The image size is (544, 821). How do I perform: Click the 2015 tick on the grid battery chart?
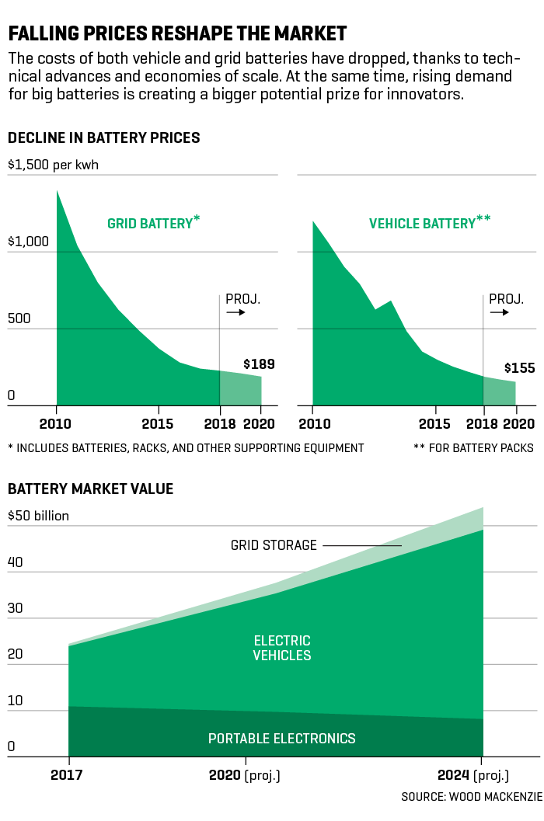(159, 423)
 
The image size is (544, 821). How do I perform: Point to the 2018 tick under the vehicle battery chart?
(483, 423)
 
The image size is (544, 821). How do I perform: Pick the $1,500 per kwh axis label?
(54, 165)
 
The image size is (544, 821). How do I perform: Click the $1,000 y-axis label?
(28, 242)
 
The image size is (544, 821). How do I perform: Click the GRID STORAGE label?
(274, 545)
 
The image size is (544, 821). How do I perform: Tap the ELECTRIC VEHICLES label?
(282, 648)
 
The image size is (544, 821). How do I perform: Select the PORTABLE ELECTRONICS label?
(282, 738)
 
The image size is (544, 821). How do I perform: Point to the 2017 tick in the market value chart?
(68, 774)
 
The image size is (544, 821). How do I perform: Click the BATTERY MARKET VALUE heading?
(90, 489)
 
